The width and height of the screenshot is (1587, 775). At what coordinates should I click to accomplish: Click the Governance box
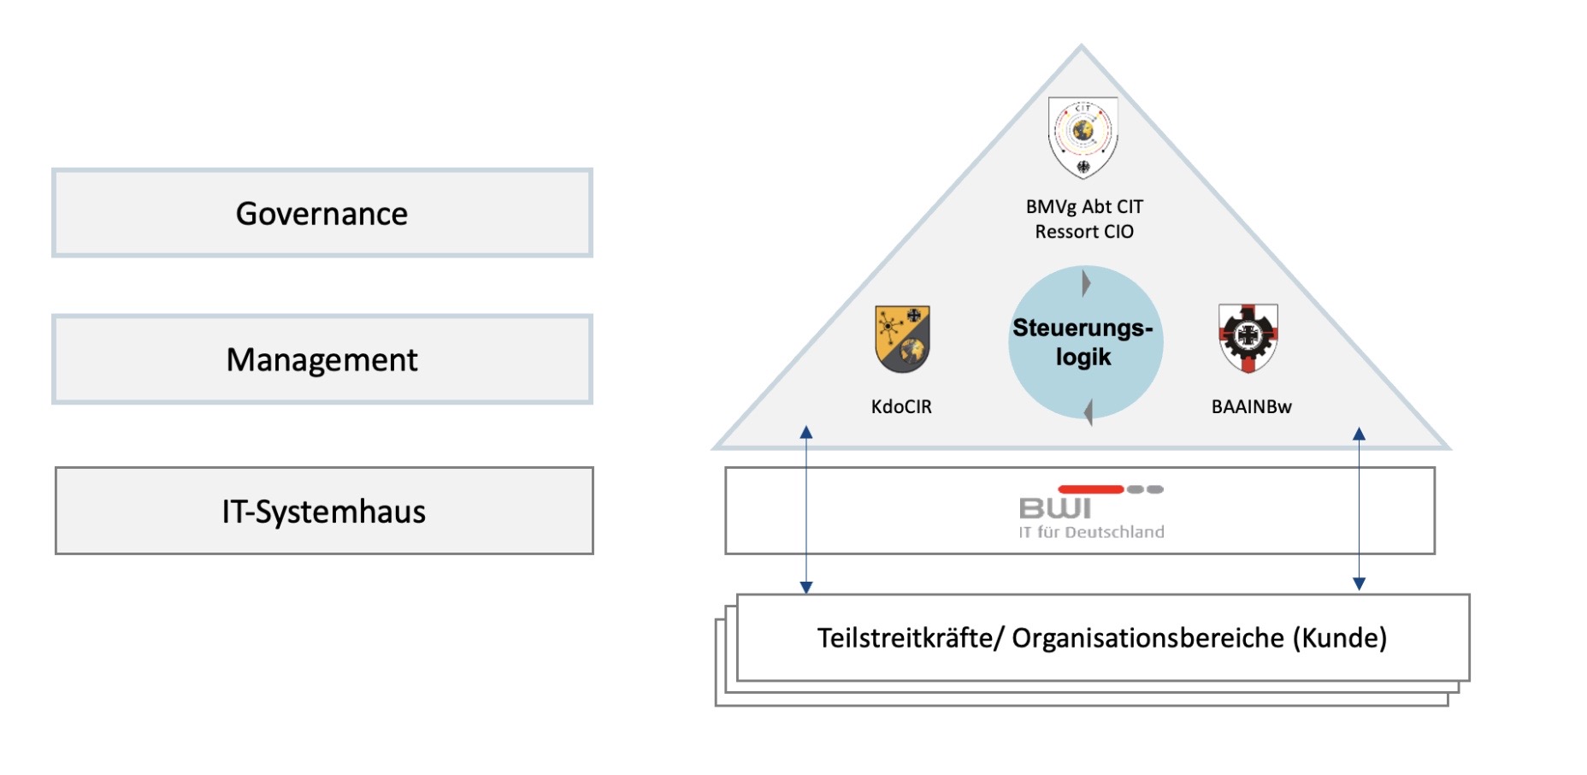pyautogui.click(x=322, y=213)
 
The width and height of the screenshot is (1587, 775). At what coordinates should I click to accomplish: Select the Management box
pyautogui.click(x=322, y=359)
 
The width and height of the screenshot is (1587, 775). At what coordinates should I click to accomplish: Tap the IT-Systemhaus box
pyautogui.click(x=323, y=511)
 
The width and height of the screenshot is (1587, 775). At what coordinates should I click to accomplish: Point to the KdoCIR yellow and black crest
pyautogui.click(x=902, y=339)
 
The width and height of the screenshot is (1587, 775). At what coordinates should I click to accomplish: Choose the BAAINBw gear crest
pyautogui.click(x=1248, y=337)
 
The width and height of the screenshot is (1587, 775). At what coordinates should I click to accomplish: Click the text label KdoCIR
pyautogui.click(x=901, y=406)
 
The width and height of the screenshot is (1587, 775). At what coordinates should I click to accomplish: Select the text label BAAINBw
pyautogui.click(x=1251, y=406)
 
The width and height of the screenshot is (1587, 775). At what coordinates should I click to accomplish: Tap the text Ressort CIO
pyautogui.click(x=1084, y=232)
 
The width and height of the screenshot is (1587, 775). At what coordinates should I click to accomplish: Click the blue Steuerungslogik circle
pyautogui.click(x=1084, y=342)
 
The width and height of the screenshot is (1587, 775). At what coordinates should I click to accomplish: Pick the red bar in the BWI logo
pyautogui.click(x=1090, y=489)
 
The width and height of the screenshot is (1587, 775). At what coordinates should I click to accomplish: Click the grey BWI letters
pyautogui.click(x=1055, y=509)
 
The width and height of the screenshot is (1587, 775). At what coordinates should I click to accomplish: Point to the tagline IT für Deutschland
pyautogui.click(x=1091, y=532)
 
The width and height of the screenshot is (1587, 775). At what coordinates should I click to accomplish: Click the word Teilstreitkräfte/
pyautogui.click(x=910, y=638)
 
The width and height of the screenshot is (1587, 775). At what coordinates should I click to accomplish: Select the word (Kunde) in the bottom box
pyautogui.click(x=1339, y=638)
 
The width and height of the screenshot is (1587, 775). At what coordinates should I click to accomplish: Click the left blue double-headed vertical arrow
pyautogui.click(x=805, y=510)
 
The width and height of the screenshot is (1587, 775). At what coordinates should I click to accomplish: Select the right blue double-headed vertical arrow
pyautogui.click(x=1359, y=509)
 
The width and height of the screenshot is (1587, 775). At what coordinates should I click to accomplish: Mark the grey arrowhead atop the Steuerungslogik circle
pyautogui.click(x=1086, y=282)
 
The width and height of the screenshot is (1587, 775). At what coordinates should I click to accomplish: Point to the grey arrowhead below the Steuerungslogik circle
pyautogui.click(x=1088, y=412)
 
